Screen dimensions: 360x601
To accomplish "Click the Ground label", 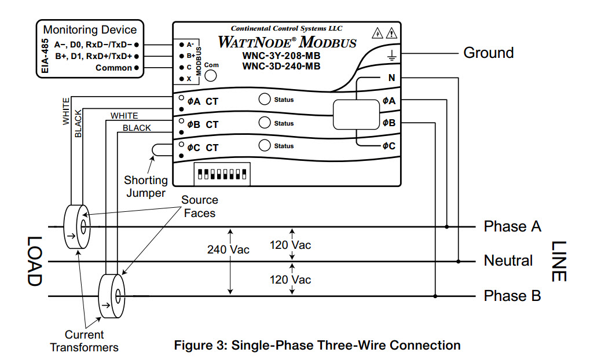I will pos(488,53).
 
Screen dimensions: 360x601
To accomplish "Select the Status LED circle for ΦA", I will pos(265,99).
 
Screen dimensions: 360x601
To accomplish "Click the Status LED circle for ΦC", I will pos(265,145).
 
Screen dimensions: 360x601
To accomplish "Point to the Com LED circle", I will pos(211,76).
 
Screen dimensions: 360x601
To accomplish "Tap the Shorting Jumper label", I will pos(145,186).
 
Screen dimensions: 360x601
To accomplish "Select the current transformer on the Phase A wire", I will pos(77,226).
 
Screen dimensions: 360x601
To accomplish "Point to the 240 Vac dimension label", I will pos(228,249).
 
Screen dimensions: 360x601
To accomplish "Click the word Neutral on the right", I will pos(508,261).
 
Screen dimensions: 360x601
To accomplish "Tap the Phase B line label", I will pos(512,296).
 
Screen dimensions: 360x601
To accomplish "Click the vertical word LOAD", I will pos(34,261).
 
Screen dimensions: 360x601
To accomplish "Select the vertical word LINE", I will pos(557,261).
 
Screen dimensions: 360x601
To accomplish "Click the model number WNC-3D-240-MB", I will pos(281,66).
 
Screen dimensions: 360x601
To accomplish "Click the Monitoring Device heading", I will pos(90,30).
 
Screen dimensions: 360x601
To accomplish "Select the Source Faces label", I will pos(199,207).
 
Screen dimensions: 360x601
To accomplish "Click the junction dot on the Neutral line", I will pos(458,262).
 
